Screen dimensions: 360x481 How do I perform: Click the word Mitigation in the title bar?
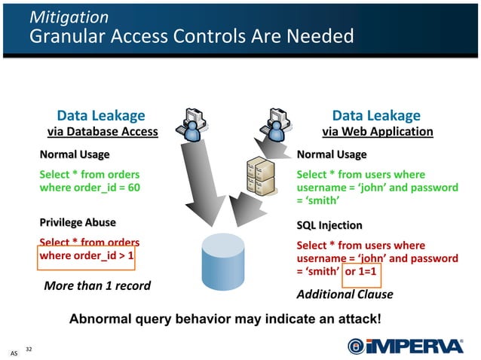(69, 17)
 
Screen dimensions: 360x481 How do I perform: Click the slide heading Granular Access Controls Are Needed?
(191, 35)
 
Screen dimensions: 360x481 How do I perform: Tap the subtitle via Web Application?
(377, 132)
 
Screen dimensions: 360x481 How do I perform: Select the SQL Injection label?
(329, 225)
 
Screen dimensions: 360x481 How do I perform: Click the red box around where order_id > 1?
(87, 256)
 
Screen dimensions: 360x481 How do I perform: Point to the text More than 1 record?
(97, 286)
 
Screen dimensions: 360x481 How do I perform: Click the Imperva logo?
(405, 345)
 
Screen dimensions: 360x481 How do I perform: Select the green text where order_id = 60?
(90, 188)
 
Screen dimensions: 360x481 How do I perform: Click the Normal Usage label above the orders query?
(74, 154)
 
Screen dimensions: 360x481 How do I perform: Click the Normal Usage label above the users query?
(332, 154)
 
